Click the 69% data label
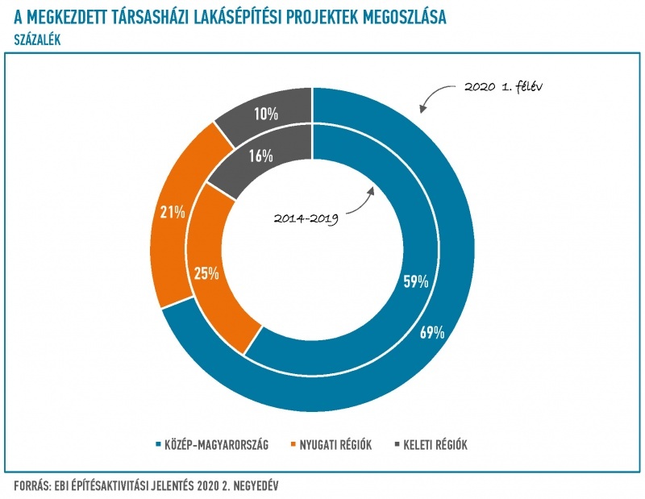pyautogui.click(x=432, y=333)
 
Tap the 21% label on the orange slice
pyautogui.click(x=173, y=213)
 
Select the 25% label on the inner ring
pyautogui.click(x=207, y=273)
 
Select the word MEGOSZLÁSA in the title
pyautogui.click(x=401, y=17)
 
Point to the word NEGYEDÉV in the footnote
pyautogui.click(x=252, y=485)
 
